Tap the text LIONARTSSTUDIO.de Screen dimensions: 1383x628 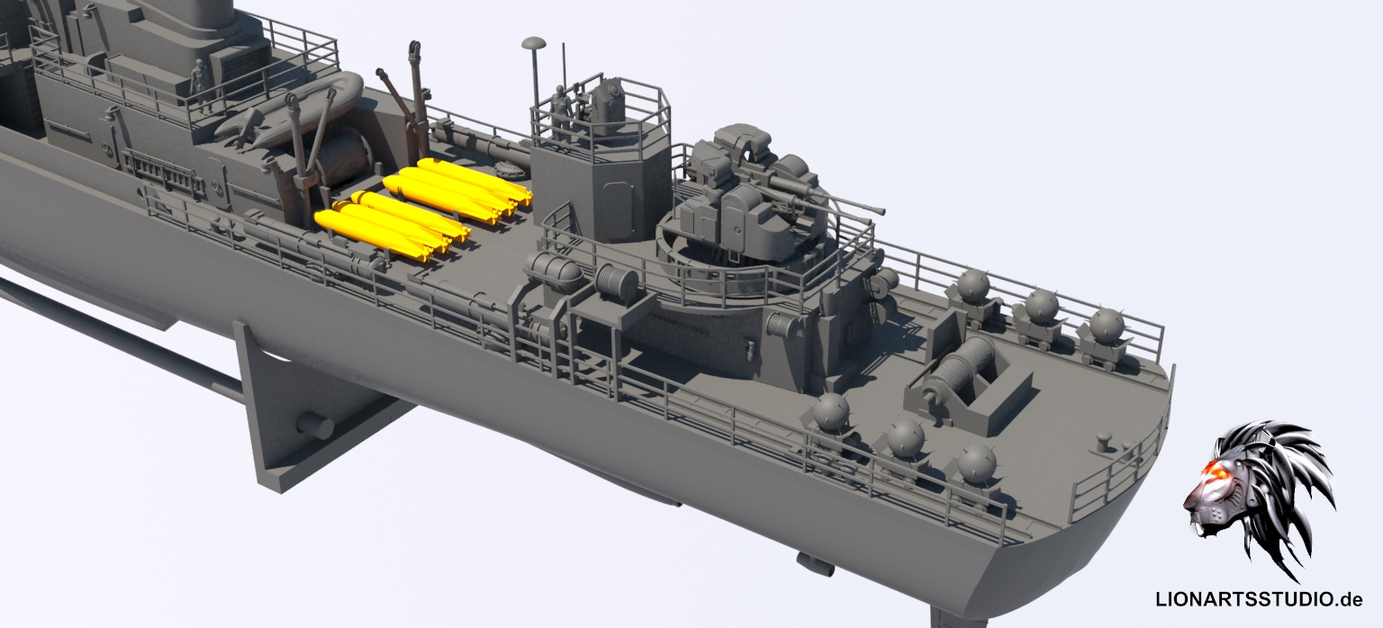click(x=1259, y=599)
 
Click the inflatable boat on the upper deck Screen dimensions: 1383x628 click(x=290, y=111)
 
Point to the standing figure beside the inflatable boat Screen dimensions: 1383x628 click(x=199, y=85)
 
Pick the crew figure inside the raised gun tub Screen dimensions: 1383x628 click(x=561, y=112)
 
